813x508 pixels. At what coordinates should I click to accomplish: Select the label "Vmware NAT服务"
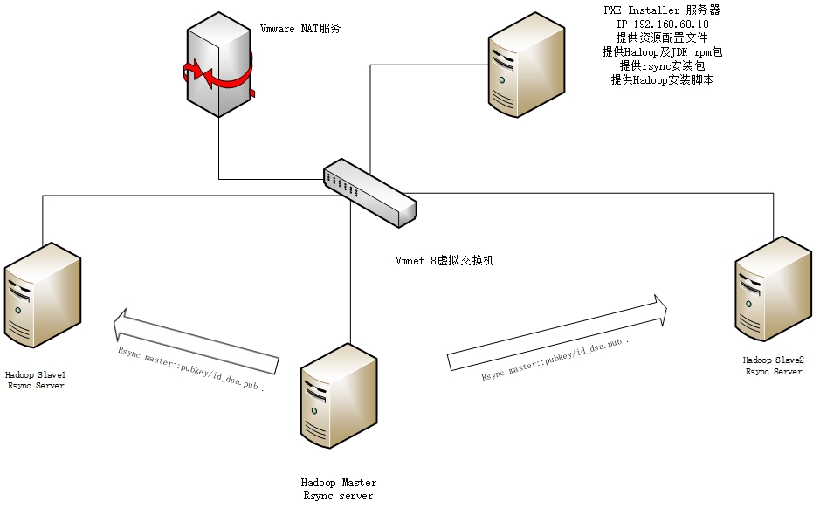pyautogui.click(x=300, y=29)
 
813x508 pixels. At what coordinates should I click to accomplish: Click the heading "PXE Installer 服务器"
pyautogui.click(x=661, y=10)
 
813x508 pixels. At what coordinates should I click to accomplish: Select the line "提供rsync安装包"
pyautogui.click(x=661, y=65)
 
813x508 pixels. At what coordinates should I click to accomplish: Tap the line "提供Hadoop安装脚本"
pyautogui.click(x=661, y=79)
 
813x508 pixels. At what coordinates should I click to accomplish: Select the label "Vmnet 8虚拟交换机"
pyautogui.click(x=444, y=261)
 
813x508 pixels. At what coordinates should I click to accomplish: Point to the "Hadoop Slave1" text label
pyautogui.click(x=35, y=374)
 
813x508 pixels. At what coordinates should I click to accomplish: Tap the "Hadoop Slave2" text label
pyautogui.click(x=773, y=360)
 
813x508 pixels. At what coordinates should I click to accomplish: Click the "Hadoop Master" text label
pyautogui.click(x=339, y=483)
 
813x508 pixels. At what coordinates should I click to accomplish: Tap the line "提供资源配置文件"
pyautogui.click(x=661, y=38)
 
